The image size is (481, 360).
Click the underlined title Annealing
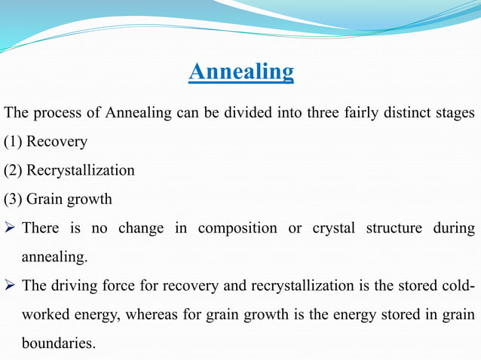(x=240, y=72)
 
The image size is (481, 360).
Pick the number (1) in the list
(x=13, y=142)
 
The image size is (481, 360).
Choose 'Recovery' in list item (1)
(x=57, y=142)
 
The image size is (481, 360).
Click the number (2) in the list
(x=13, y=170)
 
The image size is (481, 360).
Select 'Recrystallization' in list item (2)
(x=81, y=170)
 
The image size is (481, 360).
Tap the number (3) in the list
(x=13, y=200)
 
